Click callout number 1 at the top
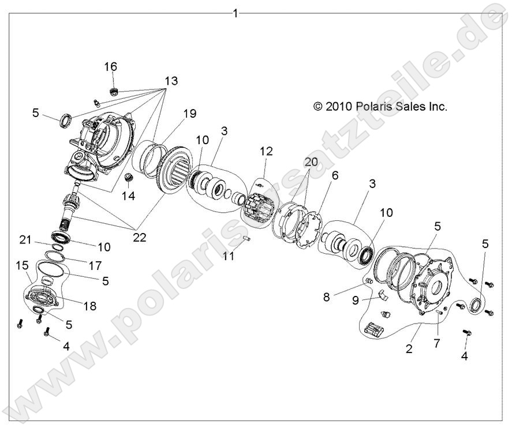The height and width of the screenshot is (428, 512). pos(235,12)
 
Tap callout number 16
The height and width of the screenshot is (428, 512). pos(110,66)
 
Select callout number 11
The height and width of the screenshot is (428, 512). pos(229,256)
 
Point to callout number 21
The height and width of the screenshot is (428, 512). pos(40,239)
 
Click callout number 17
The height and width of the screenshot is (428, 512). pos(95,251)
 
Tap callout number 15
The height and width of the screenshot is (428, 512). pos(23,265)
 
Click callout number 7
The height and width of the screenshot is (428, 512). pos(437,344)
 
